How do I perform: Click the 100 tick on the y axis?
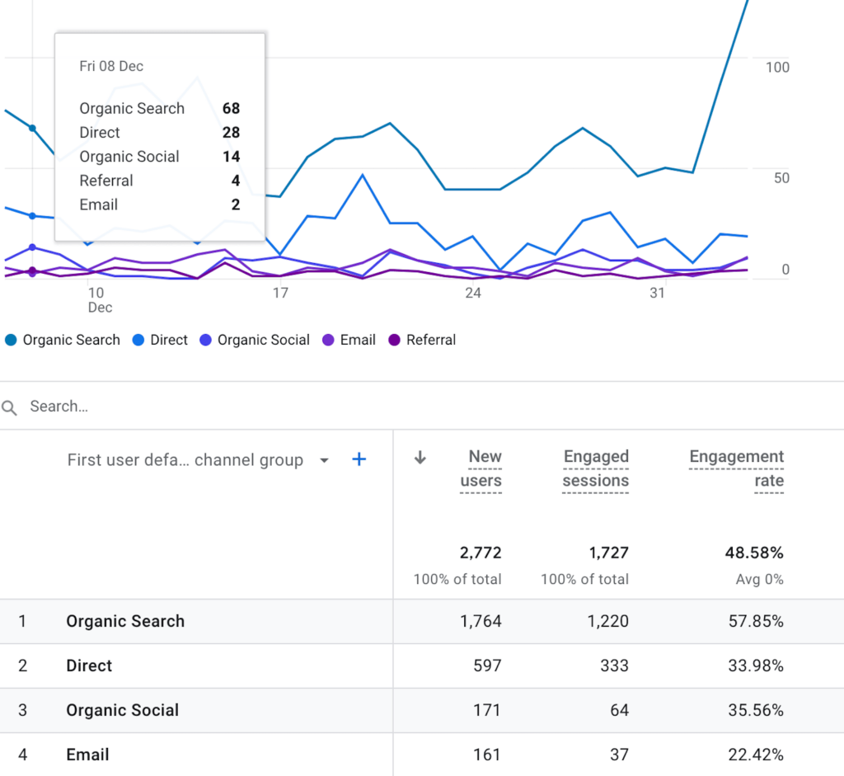(x=777, y=68)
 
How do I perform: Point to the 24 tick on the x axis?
(x=472, y=293)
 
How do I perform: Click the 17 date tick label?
(x=280, y=293)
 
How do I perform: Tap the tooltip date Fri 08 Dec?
(x=111, y=66)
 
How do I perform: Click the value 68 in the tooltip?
(x=231, y=108)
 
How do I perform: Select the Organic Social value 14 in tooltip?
(x=231, y=157)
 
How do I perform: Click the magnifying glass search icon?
(x=10, y=407)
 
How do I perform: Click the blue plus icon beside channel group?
(x=359, y=460)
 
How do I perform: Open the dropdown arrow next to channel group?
(x=324, y=460)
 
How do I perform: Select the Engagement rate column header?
(x=736, y=468)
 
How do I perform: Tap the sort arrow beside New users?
(x=420, y=458)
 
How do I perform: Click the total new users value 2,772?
(x=481, y=553)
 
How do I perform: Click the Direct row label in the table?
(x=89, y=665)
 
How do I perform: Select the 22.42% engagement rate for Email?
(x=756, y=755)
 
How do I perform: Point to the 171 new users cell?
(x=486, y=710)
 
